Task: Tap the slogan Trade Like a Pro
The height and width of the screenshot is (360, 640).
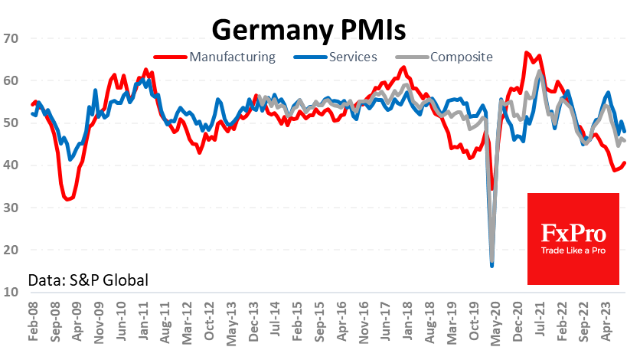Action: (573, 252)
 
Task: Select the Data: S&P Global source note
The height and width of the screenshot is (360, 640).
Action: (88, 280)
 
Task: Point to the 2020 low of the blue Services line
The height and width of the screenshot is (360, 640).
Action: (491, 266)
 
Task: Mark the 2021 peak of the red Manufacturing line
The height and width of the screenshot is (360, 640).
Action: (527, 53)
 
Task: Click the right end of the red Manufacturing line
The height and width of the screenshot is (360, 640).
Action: (625, 162)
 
